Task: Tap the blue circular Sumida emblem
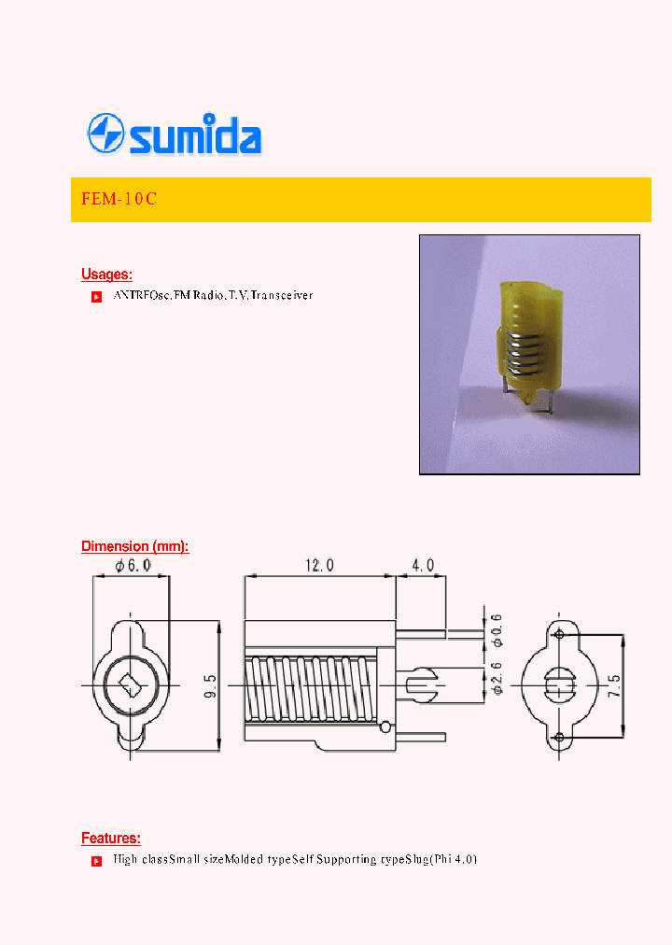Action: pos(106,134)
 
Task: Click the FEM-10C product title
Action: pos(113,200)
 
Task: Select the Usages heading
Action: pos(106,275)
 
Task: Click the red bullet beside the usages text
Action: pos(95,297)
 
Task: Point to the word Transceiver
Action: pos(282,295)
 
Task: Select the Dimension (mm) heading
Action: pos(134,546)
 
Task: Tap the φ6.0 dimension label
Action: pos(132,566)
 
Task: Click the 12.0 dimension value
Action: pos(319,566)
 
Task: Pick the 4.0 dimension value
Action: pos(422,566)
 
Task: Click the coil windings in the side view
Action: pos(308,686)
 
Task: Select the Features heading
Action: pos(110,839)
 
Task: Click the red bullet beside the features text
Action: pos(95,861)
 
